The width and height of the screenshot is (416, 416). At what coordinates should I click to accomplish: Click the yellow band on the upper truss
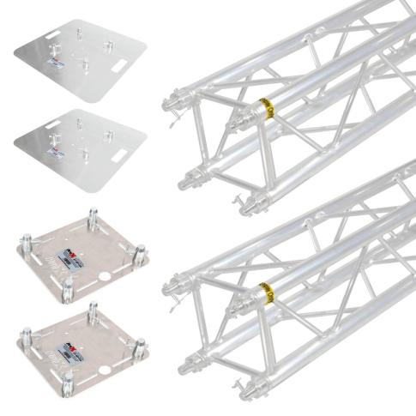266,110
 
